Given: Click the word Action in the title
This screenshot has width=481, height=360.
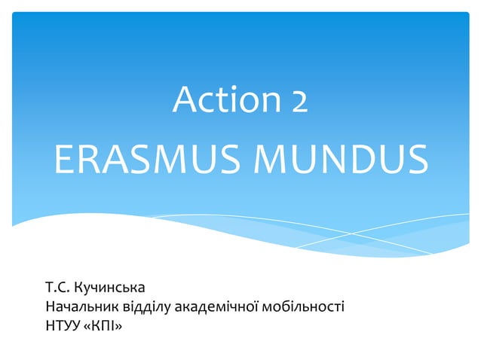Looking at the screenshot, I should [217, 99].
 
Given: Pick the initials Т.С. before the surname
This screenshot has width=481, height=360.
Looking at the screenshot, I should [58, 288].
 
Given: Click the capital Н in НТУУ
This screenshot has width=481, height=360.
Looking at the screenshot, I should [51, 326].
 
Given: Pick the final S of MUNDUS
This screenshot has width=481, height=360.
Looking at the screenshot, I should [417, 160].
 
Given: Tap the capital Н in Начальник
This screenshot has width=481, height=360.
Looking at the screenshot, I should [51, 307].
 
